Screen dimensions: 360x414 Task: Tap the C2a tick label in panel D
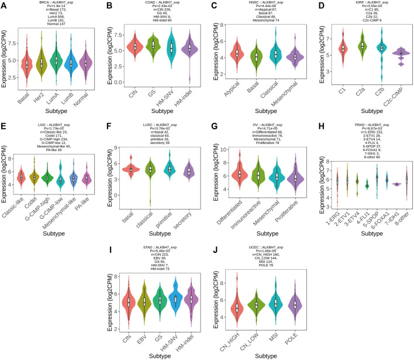click(364, 83)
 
